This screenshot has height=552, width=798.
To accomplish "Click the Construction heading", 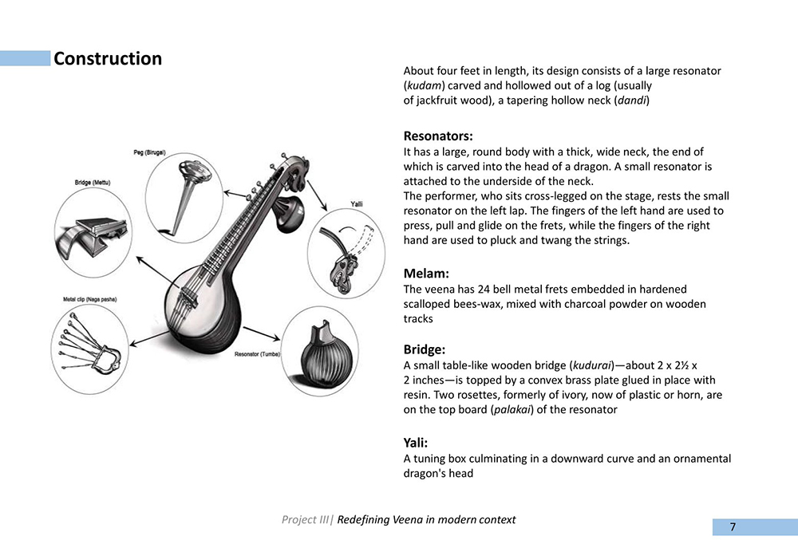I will [108, 59].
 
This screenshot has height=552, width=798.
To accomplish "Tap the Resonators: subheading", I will [437, 136].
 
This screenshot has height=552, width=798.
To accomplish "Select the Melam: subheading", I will [425, 274].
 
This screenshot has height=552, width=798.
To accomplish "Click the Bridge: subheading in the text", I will [424, 349].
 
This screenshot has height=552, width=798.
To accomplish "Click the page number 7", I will [732, 526].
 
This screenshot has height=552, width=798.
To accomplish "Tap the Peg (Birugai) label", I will [155, 152].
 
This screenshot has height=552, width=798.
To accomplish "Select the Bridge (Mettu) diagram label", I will [93, 183].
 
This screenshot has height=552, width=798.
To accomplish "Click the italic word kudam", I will [425, 85].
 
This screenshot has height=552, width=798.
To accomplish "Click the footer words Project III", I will [305, 520].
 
